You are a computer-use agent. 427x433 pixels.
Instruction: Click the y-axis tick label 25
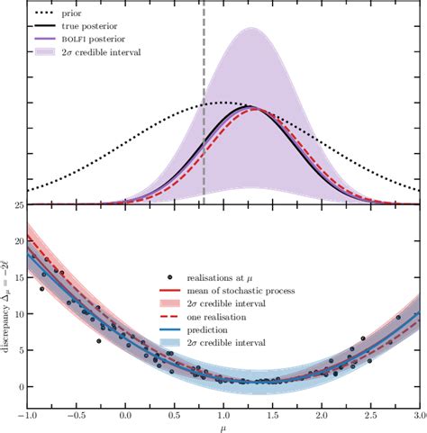tap(18, 205)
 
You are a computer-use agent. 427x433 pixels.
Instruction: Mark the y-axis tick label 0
tap(21, 387)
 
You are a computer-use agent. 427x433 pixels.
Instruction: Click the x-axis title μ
tap(223, 428)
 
